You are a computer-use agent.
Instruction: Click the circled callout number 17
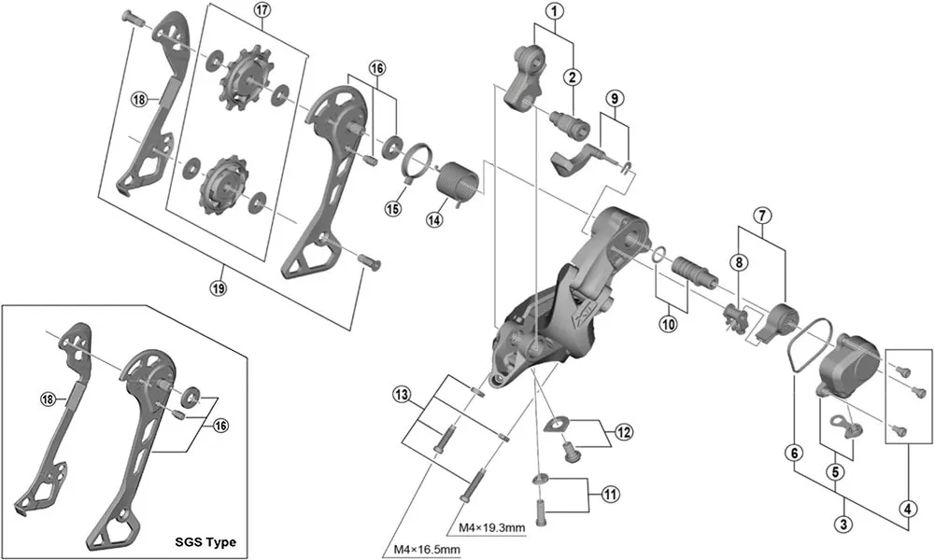coord(261,12)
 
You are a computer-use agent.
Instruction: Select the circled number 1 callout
coord(555,12)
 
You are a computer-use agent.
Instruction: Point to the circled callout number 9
coord(614,98)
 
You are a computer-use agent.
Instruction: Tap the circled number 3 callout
coord(843,525)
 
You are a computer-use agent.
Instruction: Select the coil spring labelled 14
coord(457,177)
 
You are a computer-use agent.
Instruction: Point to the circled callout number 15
coord(393,209)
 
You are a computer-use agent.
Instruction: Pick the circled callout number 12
coord(624,433)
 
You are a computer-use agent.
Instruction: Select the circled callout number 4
coord(904,510)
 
